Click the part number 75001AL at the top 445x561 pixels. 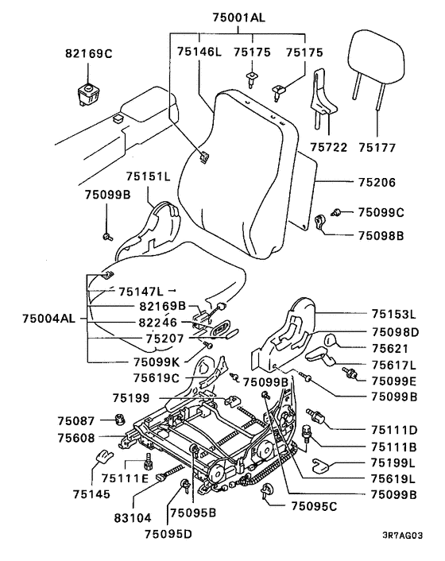point(239,17)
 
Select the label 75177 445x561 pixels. point(377,148)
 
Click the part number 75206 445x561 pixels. point(377,183)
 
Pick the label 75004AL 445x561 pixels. point(49,318)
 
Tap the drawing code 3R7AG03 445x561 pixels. point(402,536)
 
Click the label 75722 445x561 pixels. point(328,147)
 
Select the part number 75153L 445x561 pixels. point(394,314)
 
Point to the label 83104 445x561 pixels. point(133,518)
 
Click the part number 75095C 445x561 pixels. point(314,506)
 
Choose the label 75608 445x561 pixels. point(76,438)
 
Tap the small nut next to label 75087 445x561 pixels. point(120,419)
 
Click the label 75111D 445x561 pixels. point(394,430)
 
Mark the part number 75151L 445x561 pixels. point(148,176)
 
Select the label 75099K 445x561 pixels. point(157,362)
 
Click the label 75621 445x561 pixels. point(390,348)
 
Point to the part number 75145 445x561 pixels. point(91,494)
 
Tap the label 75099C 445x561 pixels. point(381,212)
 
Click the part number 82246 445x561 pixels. point(158,323)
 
